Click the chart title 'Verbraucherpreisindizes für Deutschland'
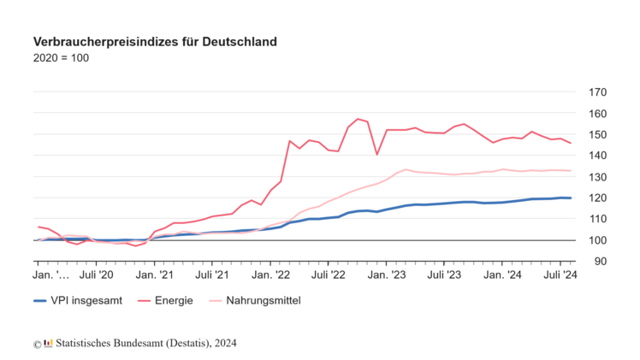pos(155,41)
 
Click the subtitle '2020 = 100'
pos(61,58)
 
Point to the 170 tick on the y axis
pos(597,92)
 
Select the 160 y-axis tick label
pos(597,114)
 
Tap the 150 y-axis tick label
pos(597,134)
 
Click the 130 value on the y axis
pos(597,177)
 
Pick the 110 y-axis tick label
pos(597,219)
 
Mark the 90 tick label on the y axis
pos(597,261)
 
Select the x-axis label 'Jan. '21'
pos(155,275)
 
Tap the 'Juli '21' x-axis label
pos(211,275)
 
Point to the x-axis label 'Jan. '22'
pos(271,275)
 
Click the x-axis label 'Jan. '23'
pos(388,275)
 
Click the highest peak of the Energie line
pos(358,119)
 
